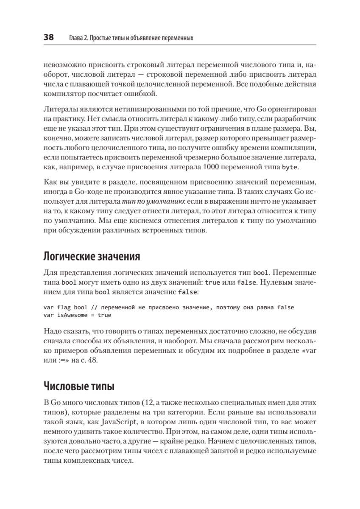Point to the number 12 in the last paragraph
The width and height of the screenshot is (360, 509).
coord(147,402)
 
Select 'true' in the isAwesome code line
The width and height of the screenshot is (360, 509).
coord(105,315)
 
